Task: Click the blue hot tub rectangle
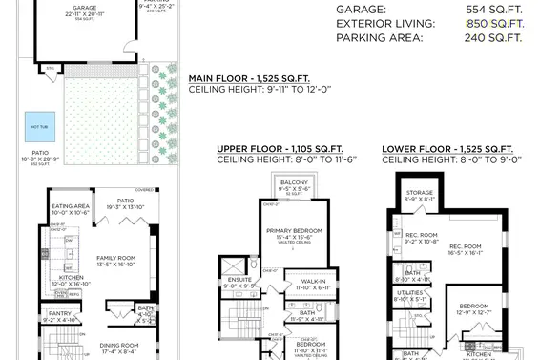(41, 125)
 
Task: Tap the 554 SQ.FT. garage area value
(493, 9)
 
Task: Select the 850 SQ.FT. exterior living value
(493, 23)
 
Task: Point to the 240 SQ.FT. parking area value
(493, 38)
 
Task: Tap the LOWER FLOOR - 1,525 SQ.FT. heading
(447, 150)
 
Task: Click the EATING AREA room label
(71, 206)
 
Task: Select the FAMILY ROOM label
(118, 257)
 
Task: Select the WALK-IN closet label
(311, 280)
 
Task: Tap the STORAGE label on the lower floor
(419, 192)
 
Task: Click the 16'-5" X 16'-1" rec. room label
(466, 252)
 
